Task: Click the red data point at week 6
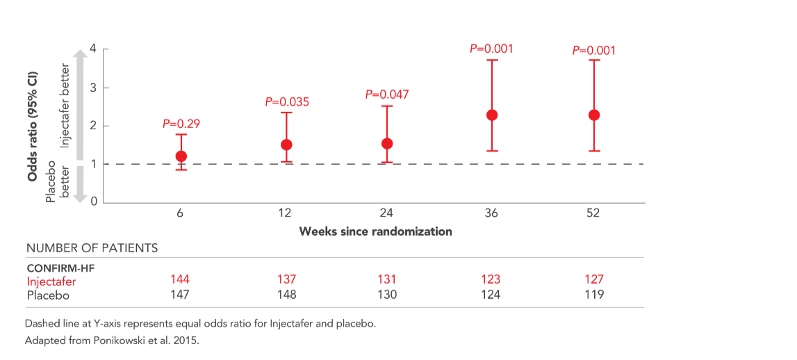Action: (x=181, y=156)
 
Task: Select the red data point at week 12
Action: (x=286, y=145)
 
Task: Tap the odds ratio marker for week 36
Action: (x=492, y=115)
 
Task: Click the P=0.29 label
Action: (x=181, y=124)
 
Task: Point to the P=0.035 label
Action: (x=286, y=102)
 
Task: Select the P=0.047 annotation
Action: (x=387, y=95)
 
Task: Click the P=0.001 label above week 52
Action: (x=593, y=50)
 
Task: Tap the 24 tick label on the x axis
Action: (x=387, y=213)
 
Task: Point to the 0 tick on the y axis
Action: (x=95, y=202)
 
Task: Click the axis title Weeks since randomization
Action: (x=375, y=231)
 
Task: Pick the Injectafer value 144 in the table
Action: (x=180, y=279)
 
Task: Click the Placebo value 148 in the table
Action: (x=286, y=295)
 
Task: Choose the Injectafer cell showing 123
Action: (x=491, y=279)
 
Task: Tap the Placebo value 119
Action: (x=593, y=295)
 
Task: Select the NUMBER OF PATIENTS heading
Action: (x=92, y=248)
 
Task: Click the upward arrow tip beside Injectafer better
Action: (x=80, y=53)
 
